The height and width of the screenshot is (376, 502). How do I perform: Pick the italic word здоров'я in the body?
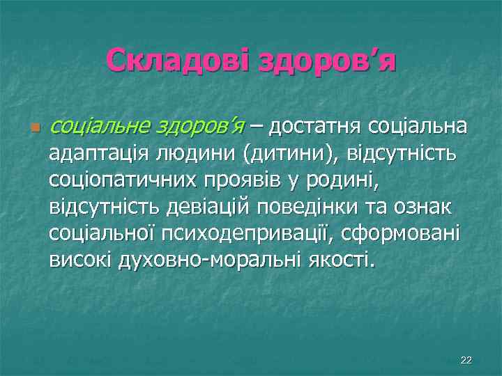(192, 127)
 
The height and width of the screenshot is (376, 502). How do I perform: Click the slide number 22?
(466, 359)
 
